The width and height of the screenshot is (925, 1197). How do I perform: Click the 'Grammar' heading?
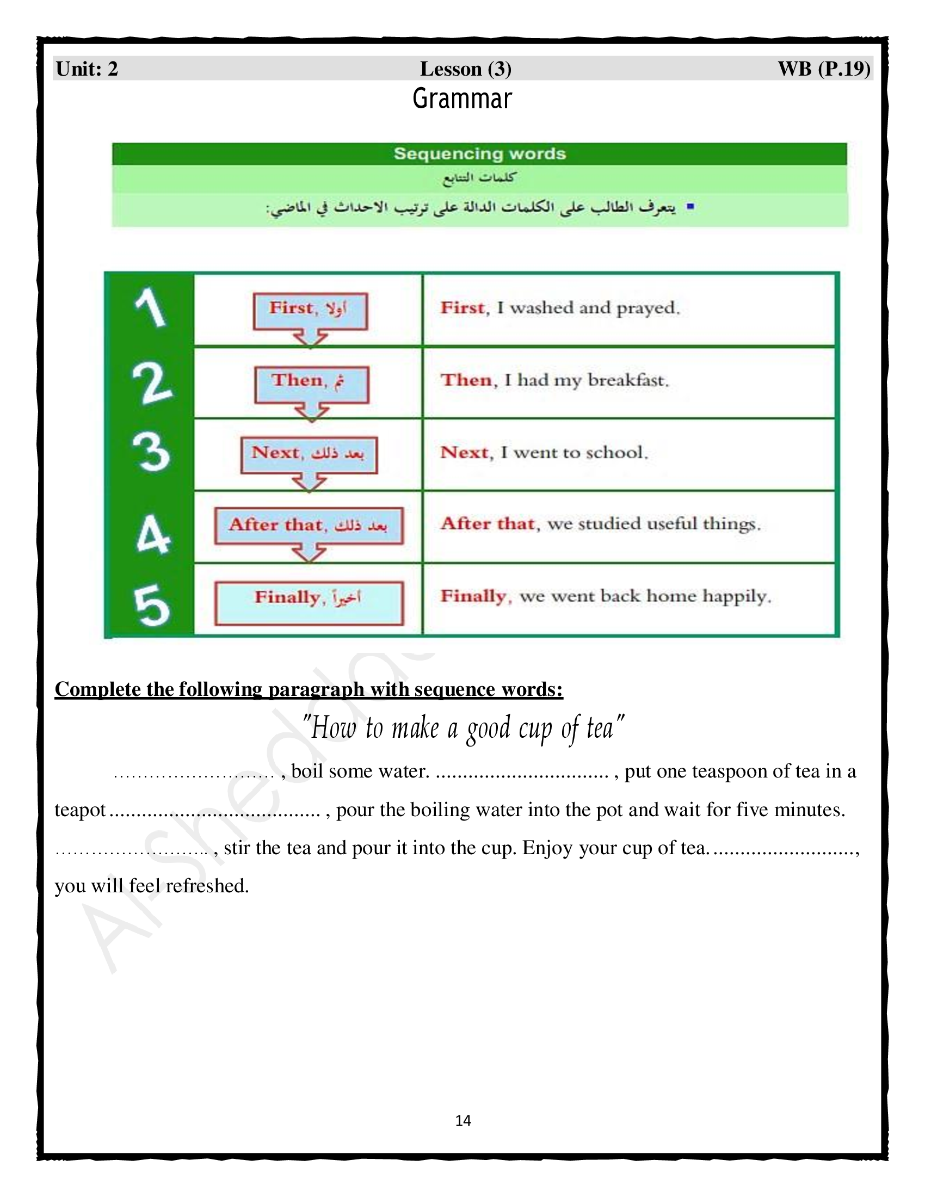click(462, 99)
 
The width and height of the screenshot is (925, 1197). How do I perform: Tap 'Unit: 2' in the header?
click(87, 69)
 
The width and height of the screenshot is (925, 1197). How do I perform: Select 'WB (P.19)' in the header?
click(824, 69)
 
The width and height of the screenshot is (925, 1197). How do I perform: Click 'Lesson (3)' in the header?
click(465, 69)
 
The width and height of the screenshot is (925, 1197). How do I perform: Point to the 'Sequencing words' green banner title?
click(479, 153)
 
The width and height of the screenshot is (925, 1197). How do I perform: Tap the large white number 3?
click(151, 452)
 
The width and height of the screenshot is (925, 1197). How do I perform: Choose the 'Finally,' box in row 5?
click(309, 602)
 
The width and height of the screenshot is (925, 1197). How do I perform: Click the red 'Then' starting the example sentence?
click(466, 380)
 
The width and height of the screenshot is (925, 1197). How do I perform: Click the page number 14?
click(463, 1120)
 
